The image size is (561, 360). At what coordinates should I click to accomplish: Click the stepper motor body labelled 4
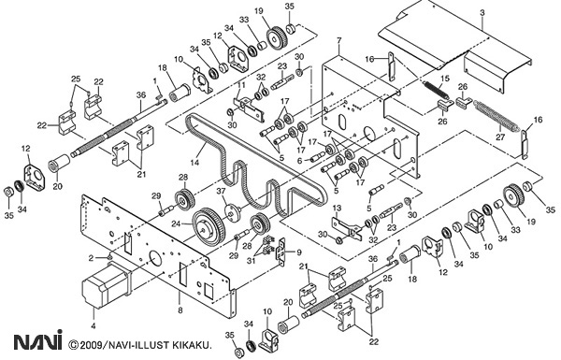point(107,284)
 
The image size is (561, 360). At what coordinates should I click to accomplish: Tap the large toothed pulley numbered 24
point(209,226)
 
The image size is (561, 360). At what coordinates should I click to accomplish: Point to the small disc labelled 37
point(233,211)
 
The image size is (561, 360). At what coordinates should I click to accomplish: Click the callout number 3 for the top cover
point(482,13)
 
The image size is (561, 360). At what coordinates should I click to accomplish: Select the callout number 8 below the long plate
point(180,310)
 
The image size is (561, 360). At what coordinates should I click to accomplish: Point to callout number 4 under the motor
point(93,326)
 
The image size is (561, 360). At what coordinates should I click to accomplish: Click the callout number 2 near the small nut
point(92,258)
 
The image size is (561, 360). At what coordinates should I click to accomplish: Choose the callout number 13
point(337,209)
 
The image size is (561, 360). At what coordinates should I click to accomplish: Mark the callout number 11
point(241,85)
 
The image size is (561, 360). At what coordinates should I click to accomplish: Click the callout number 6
point(300,162)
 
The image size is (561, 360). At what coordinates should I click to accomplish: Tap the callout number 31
point(252,261)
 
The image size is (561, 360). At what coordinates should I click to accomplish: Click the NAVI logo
point(38,340)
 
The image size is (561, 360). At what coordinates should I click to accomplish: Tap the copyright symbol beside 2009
point(74,345)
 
